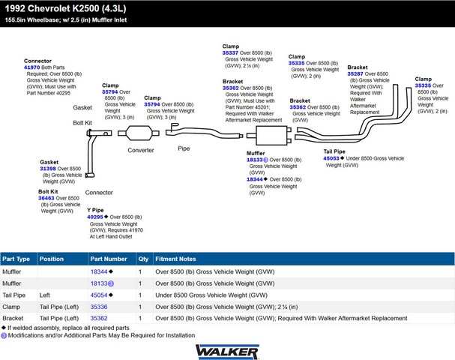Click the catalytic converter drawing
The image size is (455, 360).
coord(139,133)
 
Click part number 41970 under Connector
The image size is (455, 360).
coord(32,67)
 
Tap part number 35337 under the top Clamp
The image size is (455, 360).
coord(230,52)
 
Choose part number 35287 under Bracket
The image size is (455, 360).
coord(355,73)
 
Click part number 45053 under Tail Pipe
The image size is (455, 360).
coord(331,158)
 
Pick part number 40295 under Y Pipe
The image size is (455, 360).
coord(95,217)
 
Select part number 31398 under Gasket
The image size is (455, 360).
coord(48,169)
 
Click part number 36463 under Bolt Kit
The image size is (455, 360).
coord(46,198)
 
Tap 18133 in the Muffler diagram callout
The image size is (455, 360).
coord(255,160)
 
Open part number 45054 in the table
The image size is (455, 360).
coord(99,295)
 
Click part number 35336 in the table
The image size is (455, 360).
coord(99,307)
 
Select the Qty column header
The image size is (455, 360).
coord(143,259)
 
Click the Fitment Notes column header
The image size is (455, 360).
coord(175,259)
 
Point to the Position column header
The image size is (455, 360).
coord(52,259)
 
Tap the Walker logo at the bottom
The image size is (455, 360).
coord(227,352)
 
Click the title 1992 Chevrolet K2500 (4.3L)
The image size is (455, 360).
coord(65,8)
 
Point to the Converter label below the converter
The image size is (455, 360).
coord(141,150)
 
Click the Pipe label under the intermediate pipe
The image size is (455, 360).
coord(184,148)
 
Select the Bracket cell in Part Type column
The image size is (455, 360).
coord(13,318)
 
